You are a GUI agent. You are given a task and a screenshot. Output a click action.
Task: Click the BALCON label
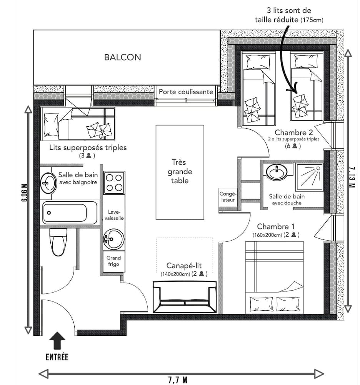[x=122, y=57]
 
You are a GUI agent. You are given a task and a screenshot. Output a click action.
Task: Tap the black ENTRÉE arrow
[x=57, y=341]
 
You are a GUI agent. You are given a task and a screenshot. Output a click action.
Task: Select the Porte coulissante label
[x=186, y=92]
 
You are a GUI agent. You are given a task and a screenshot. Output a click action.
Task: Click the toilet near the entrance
[x=58, y=241]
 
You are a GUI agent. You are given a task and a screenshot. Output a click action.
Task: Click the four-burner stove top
[x=114, y=182]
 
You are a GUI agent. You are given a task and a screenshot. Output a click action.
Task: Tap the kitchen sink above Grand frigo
[x=113, y=239]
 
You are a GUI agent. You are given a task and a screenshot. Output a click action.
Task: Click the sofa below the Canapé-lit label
[x=185, y=297]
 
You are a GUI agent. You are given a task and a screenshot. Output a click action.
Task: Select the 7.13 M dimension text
[x=352, y=177]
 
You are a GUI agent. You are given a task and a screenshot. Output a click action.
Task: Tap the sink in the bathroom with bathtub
[x=48, y=182]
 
